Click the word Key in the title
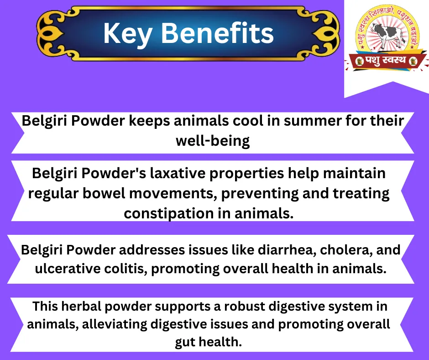pos(127,34)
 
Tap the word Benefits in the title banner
pos(217,33)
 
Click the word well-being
pos(213,141)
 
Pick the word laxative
pos(178,173)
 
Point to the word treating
pos(361,193)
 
